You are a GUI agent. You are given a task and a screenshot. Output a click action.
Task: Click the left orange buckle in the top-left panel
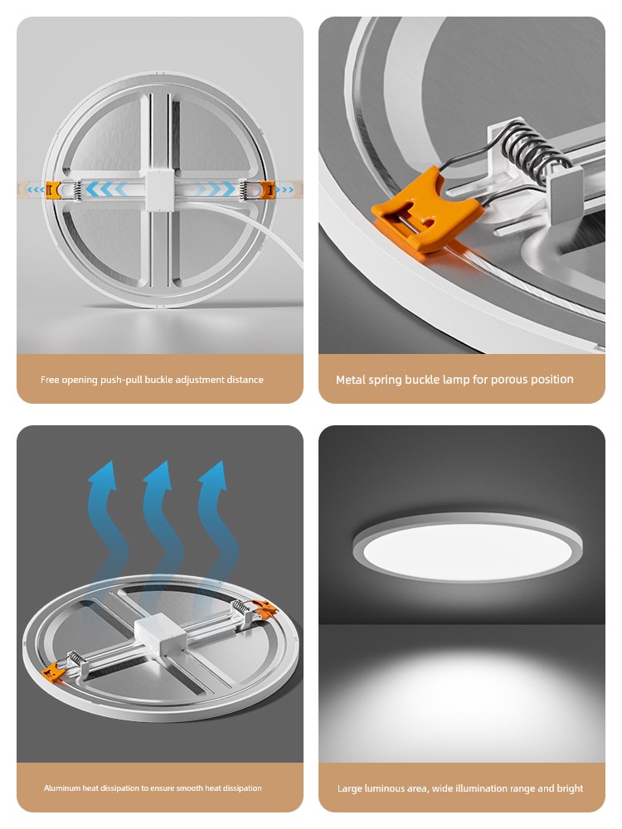point(53,189)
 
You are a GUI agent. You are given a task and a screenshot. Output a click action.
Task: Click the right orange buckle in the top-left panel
point(268,189)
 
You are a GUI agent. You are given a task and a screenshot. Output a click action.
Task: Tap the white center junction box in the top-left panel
point(160,189)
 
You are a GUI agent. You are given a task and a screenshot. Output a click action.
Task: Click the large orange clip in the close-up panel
point(427,211)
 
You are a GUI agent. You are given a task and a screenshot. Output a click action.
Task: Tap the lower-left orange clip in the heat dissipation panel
point(53,673)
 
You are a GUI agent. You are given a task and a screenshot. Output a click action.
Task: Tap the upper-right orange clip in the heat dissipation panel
point(265,608)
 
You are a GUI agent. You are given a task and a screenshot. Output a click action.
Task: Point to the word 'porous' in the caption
point(508,380)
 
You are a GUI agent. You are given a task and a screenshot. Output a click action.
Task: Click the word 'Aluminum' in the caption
point(62,788)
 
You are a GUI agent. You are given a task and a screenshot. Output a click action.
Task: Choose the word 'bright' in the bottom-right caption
point(570,788)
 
